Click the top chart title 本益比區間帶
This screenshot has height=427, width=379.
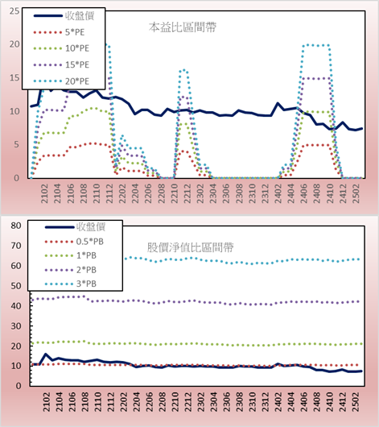tap(183, 27)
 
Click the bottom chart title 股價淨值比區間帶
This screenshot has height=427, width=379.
tap(191, 247)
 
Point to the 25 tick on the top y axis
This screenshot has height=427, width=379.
tap(14, 11)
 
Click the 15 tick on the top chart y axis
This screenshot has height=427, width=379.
tap(14, 78)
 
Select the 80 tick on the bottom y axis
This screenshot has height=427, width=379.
tap(16, 226)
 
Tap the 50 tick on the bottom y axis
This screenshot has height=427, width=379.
tap(16, 286)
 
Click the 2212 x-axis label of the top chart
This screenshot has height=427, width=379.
tap(187, 193)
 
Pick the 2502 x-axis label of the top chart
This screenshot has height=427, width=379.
tap(356, 193)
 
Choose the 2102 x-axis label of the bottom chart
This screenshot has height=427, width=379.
tap(46, 402)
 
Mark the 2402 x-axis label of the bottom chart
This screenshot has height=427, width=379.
tap(278, 402)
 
